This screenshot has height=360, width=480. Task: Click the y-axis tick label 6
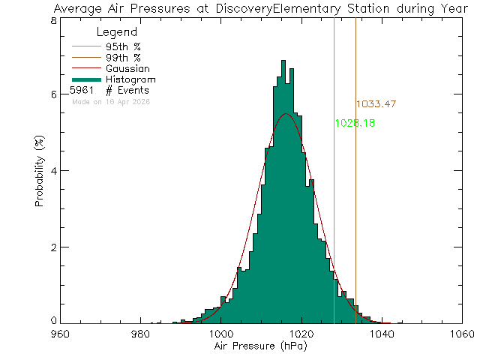tap(53, 94)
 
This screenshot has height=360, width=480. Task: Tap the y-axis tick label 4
tap(53, 171)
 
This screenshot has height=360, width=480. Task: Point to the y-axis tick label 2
tap(53, 247)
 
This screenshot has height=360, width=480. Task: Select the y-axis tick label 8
tap(53, 20)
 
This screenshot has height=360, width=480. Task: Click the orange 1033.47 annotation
tap(376, 103)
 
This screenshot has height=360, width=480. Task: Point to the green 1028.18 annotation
tap(355, 122)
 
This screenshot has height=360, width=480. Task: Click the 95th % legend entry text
tap(123, 46)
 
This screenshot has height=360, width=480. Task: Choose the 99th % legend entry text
tap(123, 57)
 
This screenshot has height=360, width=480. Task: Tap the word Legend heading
tap(117, 32)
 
